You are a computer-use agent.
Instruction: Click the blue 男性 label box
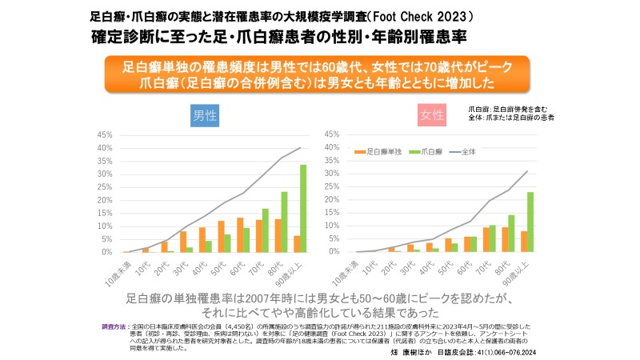(206, 115)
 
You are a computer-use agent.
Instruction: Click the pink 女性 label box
(431, 115)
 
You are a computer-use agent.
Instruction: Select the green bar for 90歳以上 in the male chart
(303, 208)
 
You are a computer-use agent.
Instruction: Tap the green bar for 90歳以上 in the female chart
(530, 222)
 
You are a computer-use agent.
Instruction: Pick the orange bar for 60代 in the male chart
(240, 234)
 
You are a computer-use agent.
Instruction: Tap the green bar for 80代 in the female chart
(511, 233)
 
